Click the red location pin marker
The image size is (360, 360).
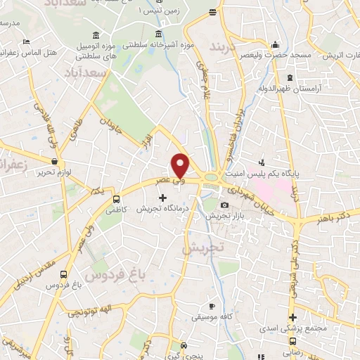(x=181, y=165)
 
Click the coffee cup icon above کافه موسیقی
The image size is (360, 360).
(x=212, y=306)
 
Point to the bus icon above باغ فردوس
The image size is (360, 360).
(x=64, y=275)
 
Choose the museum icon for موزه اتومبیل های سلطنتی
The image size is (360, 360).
(x=96, y=35)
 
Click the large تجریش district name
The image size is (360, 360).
(x=202, y=247)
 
